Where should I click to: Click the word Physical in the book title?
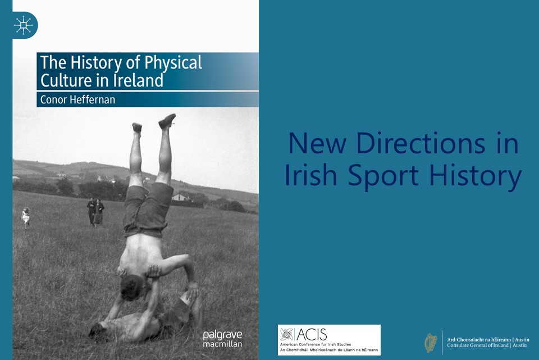[x=173, y=63]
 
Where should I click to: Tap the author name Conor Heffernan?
[x=77, y=100]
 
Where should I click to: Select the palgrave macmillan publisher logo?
[x=222, y=339]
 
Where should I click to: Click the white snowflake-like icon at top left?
[x=24, y=25]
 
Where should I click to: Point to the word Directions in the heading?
[x=421, y=143]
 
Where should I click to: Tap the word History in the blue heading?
[x=476, y=175]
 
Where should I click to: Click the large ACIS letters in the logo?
[x=312, y=334]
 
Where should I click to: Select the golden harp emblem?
[x=431, y=343]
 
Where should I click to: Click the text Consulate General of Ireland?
[x=478, y=345]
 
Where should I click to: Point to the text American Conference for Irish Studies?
[x=316, y=344]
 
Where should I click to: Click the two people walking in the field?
[x=95, y=212]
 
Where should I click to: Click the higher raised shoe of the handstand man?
[x=167, y=121]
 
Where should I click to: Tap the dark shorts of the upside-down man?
[x=148, y=209]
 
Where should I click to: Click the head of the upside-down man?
[x=131, y=287]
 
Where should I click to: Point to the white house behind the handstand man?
[x=180, y=197]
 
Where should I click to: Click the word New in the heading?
[x=317, y=143]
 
